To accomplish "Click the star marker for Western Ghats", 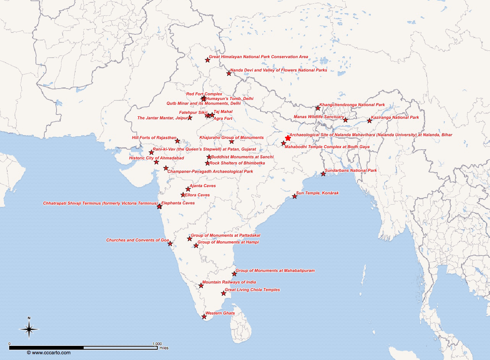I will [204, 316].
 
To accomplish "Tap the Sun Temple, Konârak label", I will [317, 193].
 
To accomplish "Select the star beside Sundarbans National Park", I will [323, 174].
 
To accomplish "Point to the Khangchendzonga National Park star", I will [318, 108].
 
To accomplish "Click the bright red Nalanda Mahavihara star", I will [288, 138].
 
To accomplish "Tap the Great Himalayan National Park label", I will [258, 57].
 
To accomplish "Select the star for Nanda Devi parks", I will [229, 73].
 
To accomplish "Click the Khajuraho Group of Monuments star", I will [231, 142].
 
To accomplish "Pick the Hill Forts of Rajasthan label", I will [154, 137].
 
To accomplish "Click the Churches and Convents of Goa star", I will [170, 244].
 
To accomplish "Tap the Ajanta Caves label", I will [203, 186].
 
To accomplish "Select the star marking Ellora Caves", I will [183, 195].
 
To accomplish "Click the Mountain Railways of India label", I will [229, 282].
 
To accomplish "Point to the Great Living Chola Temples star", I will [223, 293].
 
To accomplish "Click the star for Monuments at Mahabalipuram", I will [234, 274].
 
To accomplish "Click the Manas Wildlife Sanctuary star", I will [346, 120].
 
